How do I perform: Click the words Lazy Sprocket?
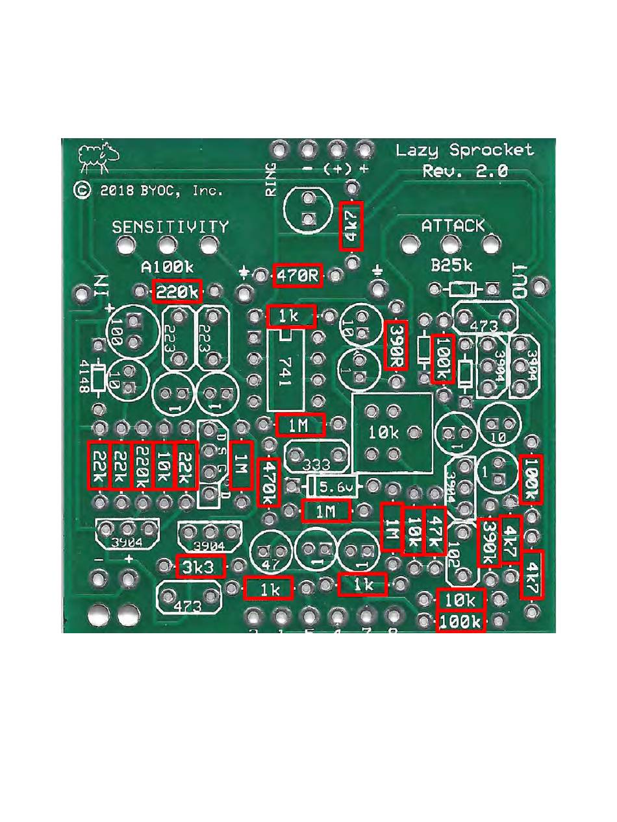[464, 151]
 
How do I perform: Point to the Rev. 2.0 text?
[464, 171]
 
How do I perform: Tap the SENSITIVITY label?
[170, 227]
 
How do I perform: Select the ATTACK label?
[453, 226]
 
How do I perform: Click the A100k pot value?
[168, 267]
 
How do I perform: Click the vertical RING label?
[270, 179]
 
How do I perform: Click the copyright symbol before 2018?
[82, 190]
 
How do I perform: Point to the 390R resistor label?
[396, 345]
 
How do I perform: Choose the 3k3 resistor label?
[201, 567]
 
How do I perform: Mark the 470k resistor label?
[268, 483]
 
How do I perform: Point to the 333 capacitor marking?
[316, 465]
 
